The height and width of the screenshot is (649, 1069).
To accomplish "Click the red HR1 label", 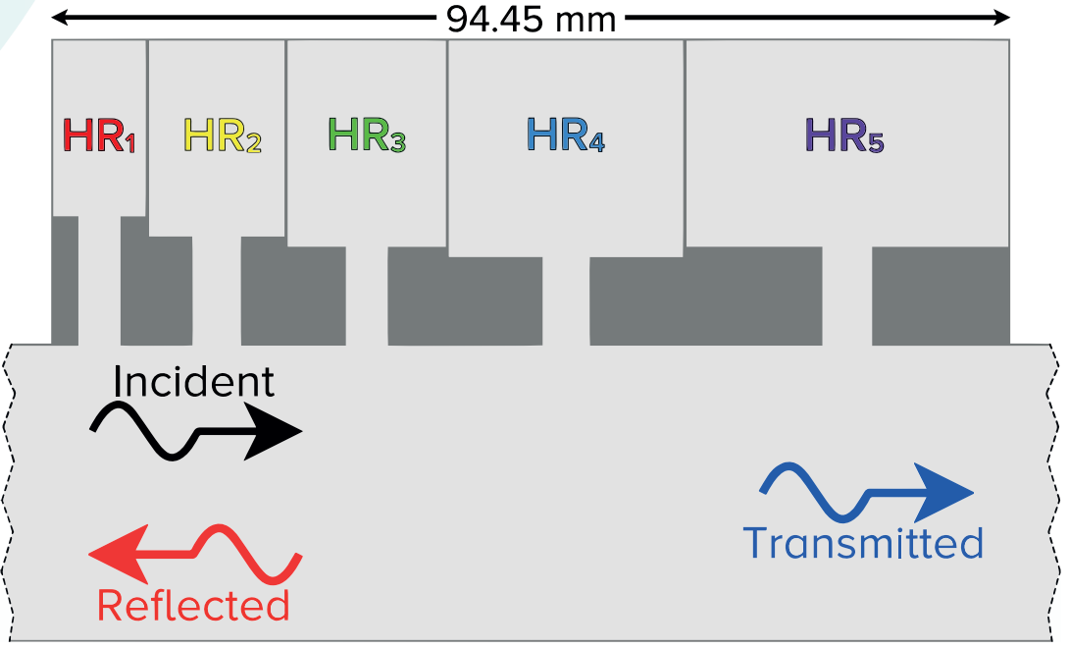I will [x=98, y=135].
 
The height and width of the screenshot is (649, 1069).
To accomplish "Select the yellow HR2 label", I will [x=223, y=135].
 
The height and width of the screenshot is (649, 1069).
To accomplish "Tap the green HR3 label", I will [x=366, y=135].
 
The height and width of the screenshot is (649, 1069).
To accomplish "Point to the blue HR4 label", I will [x=565, y=135].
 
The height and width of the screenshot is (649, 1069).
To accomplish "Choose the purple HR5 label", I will [x=843, y=135].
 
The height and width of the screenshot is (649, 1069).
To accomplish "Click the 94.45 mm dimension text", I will [x=531, y=19].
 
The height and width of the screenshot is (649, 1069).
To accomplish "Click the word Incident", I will [x=193, y=382].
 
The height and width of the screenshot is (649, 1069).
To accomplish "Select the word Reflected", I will [x=193, y=605].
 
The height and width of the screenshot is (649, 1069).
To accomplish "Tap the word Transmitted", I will [x=862, y=543].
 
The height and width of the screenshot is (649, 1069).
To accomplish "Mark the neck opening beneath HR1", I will [x=99, y=280].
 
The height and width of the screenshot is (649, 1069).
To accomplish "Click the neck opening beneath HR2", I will [x=216, y=291].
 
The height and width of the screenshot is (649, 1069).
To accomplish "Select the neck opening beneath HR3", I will [x=367, y=296].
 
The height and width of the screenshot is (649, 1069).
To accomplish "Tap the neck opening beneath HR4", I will [x=566, y=300].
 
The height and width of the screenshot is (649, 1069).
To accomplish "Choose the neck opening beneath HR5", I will [x=846, y=296].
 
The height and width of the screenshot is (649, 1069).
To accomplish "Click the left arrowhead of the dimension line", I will [x=60, y=17].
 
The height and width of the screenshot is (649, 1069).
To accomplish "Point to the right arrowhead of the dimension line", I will [x=1001, y=17].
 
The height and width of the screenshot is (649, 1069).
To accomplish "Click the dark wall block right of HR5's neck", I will [x=941, y=296].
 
